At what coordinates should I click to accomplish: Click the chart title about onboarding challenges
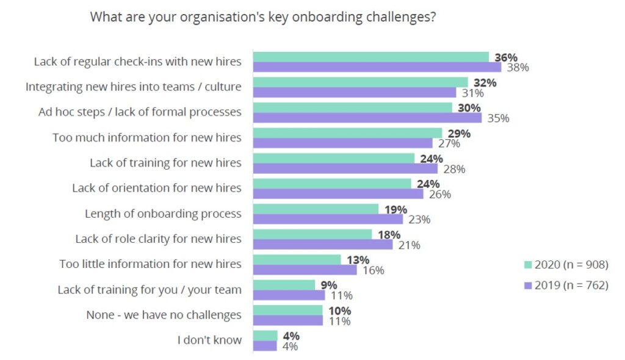[262, 17]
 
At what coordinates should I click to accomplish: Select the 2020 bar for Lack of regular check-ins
[370, 57]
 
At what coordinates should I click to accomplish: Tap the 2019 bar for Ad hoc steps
[367, 118]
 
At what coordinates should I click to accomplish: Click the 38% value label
[518, 68]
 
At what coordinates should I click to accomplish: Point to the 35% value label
[498, 118]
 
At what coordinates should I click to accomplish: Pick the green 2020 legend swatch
[528, 265]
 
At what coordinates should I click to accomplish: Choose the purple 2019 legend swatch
[528, 285]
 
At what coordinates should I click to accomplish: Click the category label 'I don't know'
[209, 340]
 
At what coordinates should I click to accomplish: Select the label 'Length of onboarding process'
[163, 214]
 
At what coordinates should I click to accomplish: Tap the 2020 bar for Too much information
[347, 132]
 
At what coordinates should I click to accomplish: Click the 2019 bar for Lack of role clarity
[323, 244]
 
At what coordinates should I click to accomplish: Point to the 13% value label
[358, 260]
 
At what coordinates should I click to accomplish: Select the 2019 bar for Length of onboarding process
[328, 219]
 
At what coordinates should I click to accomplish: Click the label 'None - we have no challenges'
[164, 315]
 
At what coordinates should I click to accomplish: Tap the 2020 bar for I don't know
[265, 335]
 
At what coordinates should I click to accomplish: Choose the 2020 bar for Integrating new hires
[360, 82]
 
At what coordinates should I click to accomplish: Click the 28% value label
[454, 169]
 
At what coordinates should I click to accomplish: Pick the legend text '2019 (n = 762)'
[571, 285]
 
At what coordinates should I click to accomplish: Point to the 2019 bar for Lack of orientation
[338, 193]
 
